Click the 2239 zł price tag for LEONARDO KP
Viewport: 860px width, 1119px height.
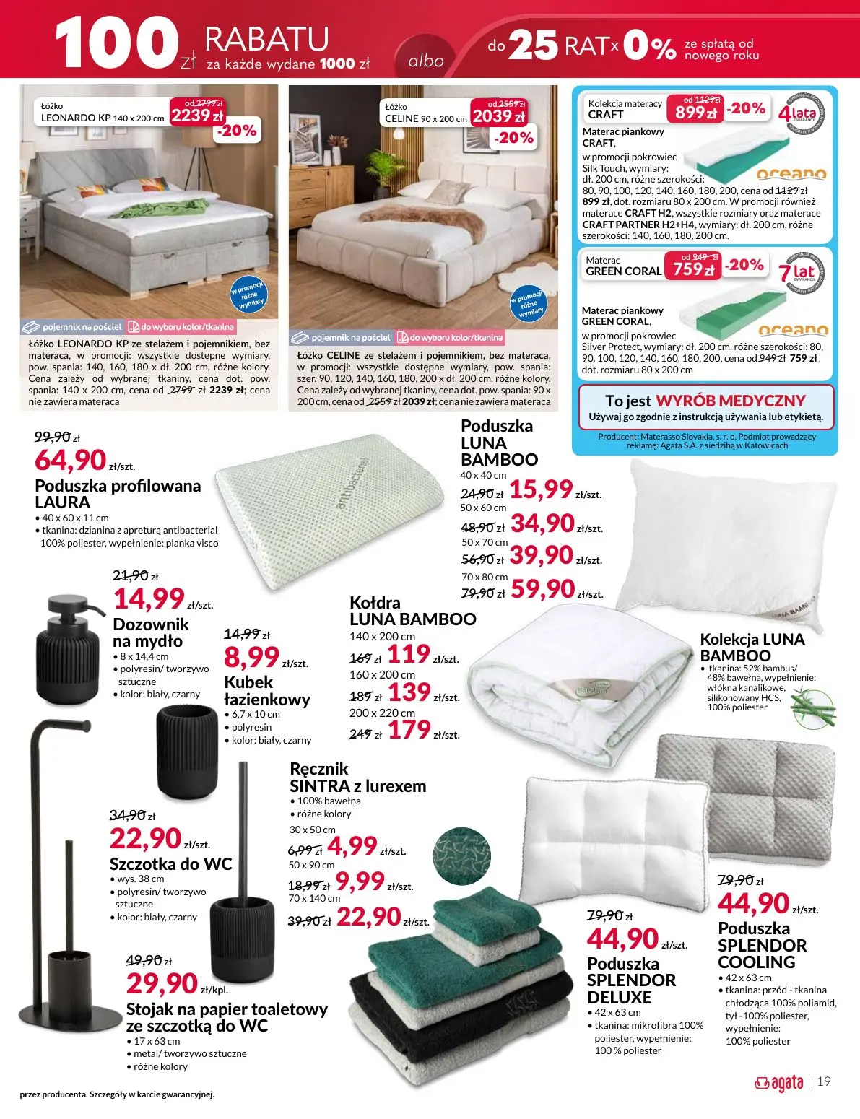coord(196,115)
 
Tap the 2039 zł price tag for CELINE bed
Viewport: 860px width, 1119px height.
coord(498,116)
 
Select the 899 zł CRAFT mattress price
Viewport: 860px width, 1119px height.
coord(695,112)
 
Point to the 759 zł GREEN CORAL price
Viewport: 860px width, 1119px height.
coord(693,269)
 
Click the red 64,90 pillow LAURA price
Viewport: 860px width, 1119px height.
coord(71,459)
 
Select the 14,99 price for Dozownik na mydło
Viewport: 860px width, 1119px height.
coord(149,598)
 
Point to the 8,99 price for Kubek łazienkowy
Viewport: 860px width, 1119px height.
coord(251,657)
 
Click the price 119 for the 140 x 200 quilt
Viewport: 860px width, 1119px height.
coord(409,655)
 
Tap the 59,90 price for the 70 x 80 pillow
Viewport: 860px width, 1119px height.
coord(542,589)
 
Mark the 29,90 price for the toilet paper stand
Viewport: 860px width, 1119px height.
coord(162,983)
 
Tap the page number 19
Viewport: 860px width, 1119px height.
coord(824,1081)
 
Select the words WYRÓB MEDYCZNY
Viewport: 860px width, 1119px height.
coord(730,401)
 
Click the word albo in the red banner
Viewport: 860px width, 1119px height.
coord(426,61)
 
